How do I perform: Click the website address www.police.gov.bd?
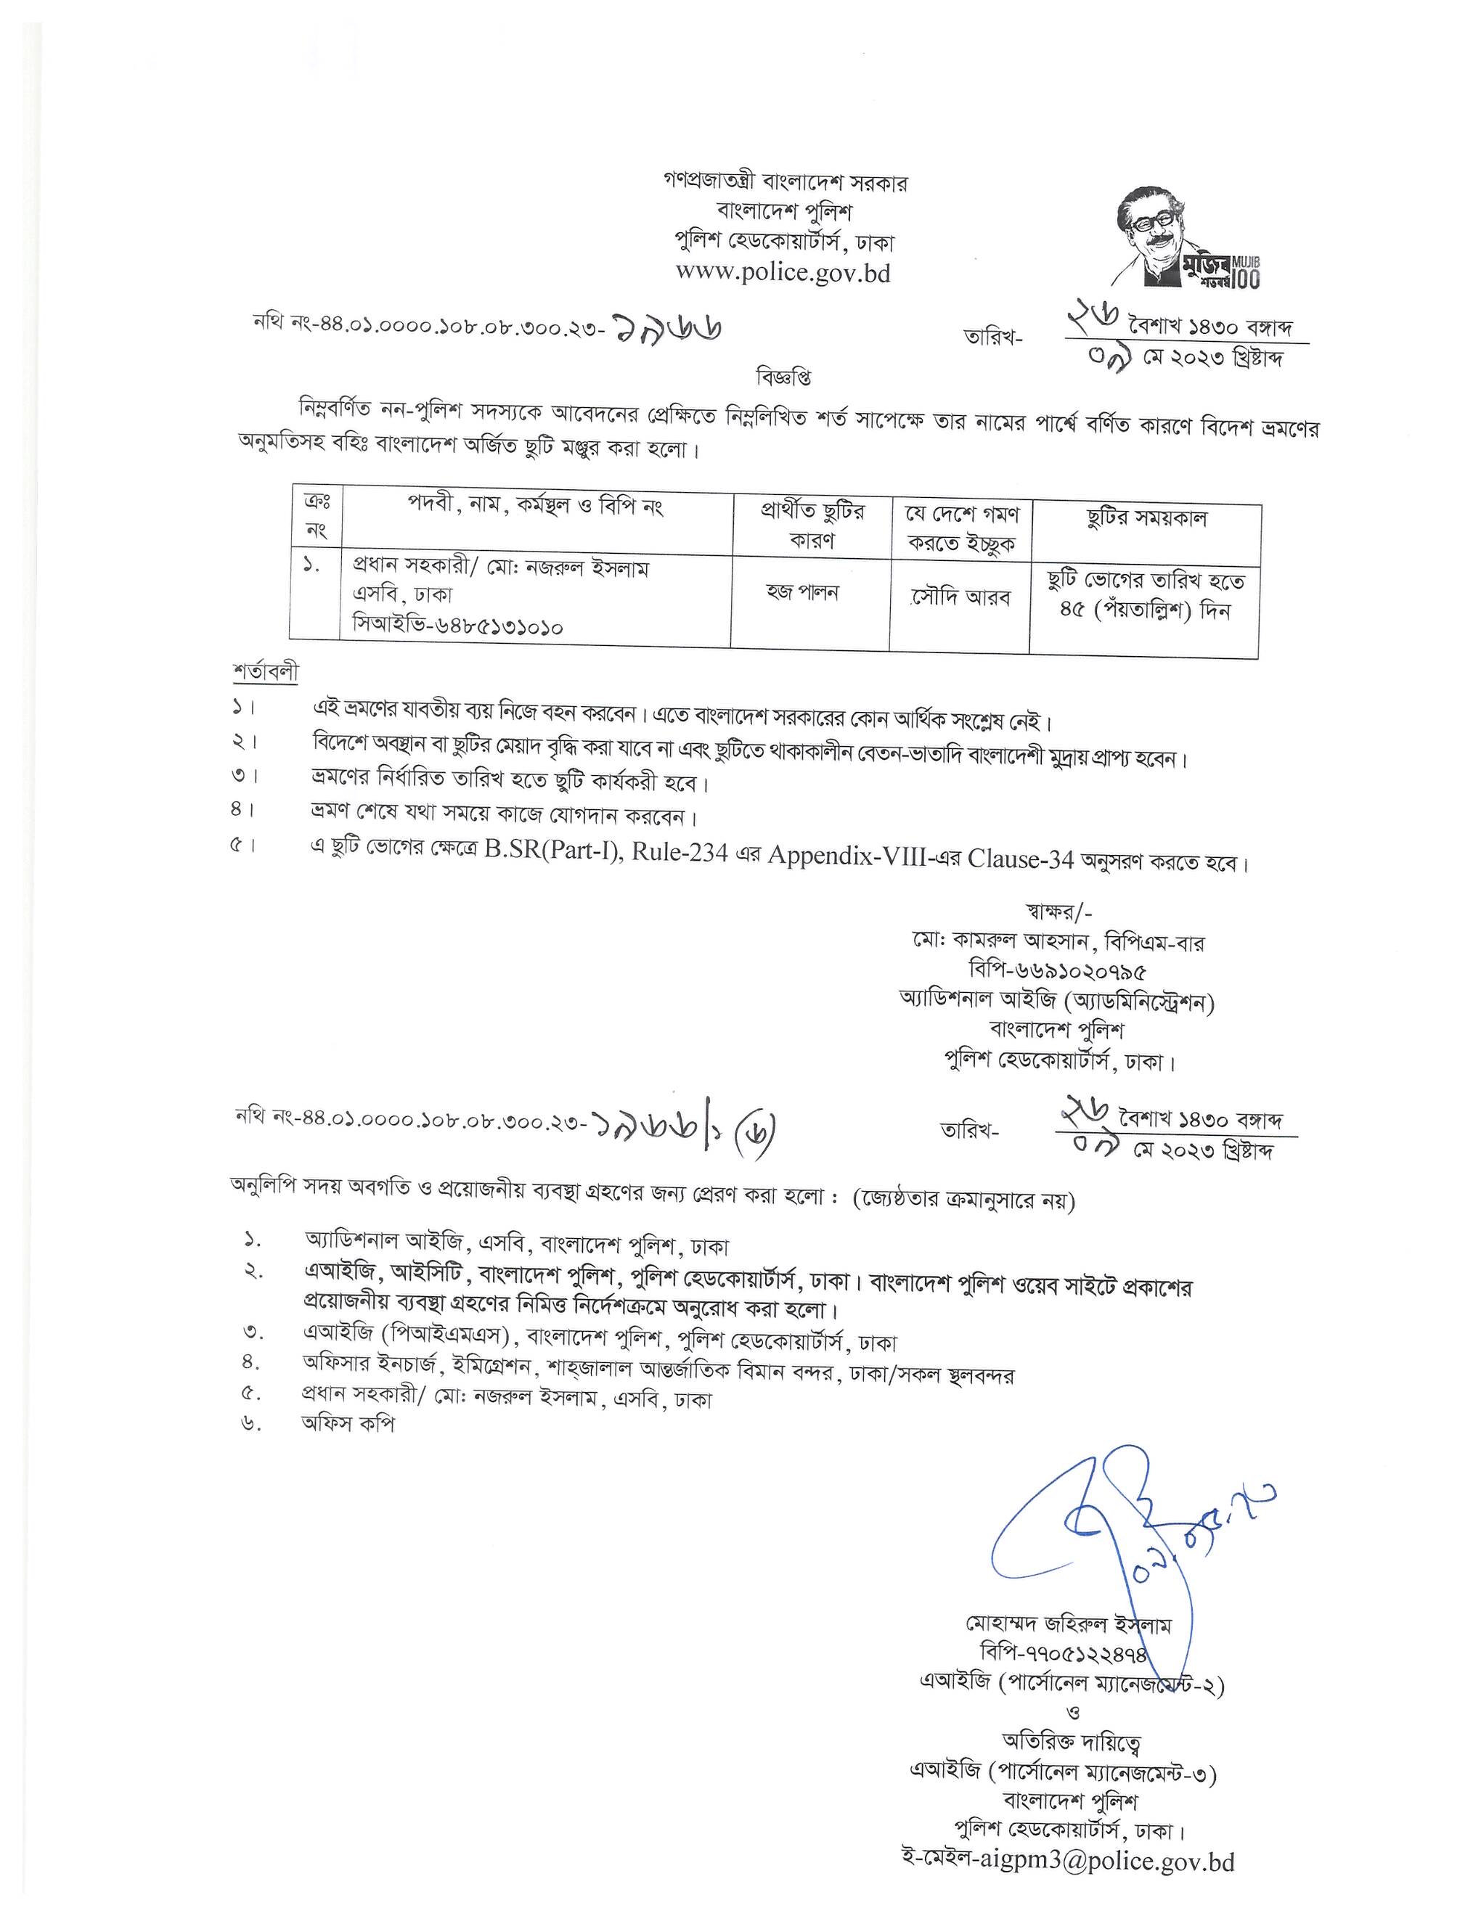pyautogui.click(x=783, y=273)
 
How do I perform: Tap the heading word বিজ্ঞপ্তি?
pyautogui.click(x=783, y=377)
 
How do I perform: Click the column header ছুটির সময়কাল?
pyautogui.click(x=1146, y=518)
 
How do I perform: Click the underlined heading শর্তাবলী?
pyautogui.click(x=265, y=672)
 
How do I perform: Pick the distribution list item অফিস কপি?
pyautogui.click(x=348, y=1423)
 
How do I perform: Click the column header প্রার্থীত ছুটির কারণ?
pyautogui.click(x=812, y=525)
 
